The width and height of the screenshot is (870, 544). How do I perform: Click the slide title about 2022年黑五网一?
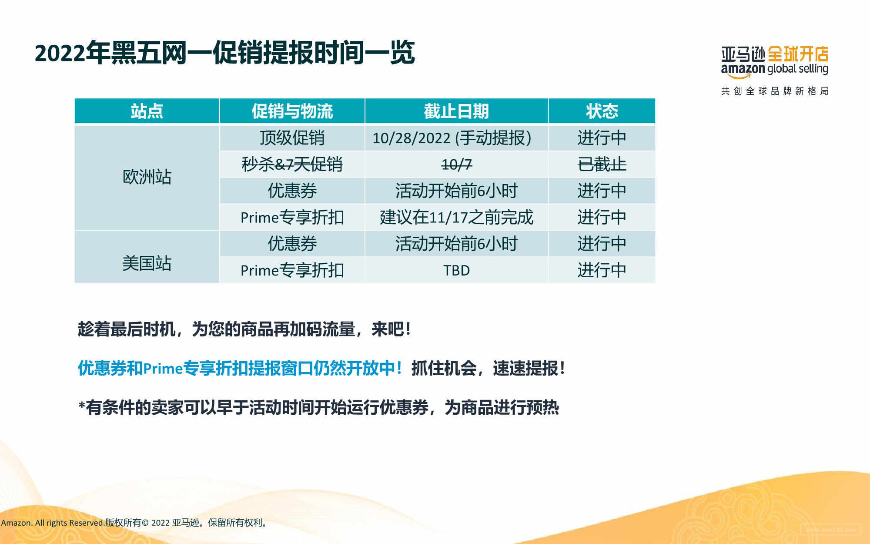224,53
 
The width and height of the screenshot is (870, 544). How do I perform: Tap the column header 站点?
147,111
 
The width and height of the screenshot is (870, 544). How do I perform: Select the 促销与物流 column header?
292,111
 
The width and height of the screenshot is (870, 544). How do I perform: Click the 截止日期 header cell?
456,111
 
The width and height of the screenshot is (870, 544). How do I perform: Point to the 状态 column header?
602,111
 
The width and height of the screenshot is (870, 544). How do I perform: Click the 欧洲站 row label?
147,177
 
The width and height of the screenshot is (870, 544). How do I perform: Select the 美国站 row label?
147,263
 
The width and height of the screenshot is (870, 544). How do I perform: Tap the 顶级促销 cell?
292,138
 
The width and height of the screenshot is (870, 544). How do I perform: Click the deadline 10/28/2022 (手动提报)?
452,138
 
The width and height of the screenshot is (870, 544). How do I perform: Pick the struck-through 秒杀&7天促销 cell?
292,165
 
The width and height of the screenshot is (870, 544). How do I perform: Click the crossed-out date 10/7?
456,165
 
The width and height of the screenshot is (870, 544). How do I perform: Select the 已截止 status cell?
602,165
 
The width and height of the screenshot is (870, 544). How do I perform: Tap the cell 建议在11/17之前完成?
456,217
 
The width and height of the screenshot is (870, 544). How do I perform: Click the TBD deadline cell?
456,270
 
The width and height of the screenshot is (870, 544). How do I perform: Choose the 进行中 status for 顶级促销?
602,138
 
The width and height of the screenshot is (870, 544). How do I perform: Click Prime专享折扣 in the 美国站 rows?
292,270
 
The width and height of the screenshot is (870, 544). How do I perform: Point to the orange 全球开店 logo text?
798,54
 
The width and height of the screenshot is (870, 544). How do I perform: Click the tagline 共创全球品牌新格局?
775,91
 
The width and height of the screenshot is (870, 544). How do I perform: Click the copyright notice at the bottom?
134,523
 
